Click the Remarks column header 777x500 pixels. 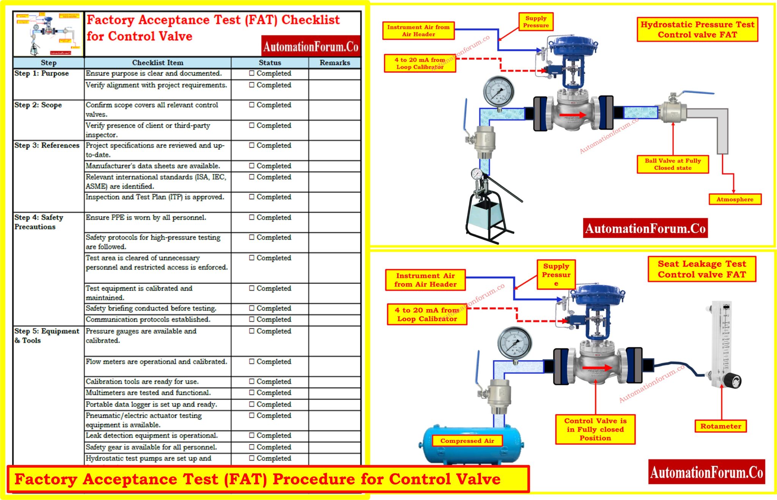(335, 63)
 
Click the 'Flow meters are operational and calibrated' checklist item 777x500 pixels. (156, 362)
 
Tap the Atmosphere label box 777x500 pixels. (735, 199)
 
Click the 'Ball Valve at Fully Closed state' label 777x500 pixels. (673, 164)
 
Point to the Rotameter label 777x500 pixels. (720, 426)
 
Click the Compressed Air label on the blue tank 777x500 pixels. (467, 441)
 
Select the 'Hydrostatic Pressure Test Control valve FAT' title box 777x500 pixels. (697, 30)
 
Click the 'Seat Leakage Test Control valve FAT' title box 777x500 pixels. (702, 269)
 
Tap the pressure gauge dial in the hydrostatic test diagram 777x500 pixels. (499, 92)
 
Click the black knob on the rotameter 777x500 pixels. (733, 380)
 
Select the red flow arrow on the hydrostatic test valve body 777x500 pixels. (573, 115)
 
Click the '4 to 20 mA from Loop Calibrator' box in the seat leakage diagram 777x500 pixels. (427, 314)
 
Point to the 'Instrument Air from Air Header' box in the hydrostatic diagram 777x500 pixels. (418, 30)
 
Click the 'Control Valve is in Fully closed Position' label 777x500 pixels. (595, 429)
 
